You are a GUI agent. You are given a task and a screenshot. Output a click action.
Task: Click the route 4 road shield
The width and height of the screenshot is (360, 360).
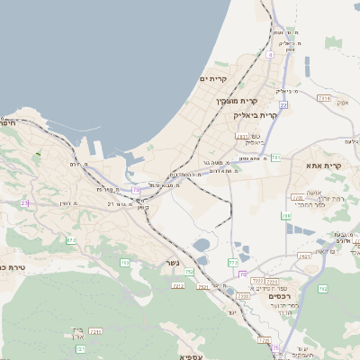(x=269, y=54)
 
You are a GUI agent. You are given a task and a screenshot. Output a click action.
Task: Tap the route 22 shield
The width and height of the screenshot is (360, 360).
(x=283, y=104)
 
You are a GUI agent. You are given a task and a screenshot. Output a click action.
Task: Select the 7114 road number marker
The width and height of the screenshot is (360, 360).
(x=323, y=98)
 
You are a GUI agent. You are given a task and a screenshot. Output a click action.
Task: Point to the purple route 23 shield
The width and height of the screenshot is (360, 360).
(x=24, y=203)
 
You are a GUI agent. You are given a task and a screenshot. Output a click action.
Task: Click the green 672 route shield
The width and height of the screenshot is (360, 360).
(x=70, y=240)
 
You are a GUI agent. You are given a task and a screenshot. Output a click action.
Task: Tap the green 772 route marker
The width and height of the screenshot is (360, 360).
(x=233, y=262)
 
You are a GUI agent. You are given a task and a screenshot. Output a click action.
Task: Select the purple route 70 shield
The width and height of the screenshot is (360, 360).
(x=243, y=274)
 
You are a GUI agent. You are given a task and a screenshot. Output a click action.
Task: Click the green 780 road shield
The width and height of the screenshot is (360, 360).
(x=286, y=215)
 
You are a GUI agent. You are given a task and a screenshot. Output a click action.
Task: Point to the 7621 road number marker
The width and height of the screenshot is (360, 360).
(x=303, y=256)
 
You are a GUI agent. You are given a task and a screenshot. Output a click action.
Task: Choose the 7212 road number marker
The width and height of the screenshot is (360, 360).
(x=178, y=285)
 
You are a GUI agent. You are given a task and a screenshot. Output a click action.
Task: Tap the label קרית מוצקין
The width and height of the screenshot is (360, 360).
(x=238, y=100)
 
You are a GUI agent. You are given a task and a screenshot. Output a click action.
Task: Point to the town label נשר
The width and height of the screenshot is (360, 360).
(x=172, y=264)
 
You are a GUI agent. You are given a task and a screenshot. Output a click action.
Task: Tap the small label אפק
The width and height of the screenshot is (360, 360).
(x=343, y=103)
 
